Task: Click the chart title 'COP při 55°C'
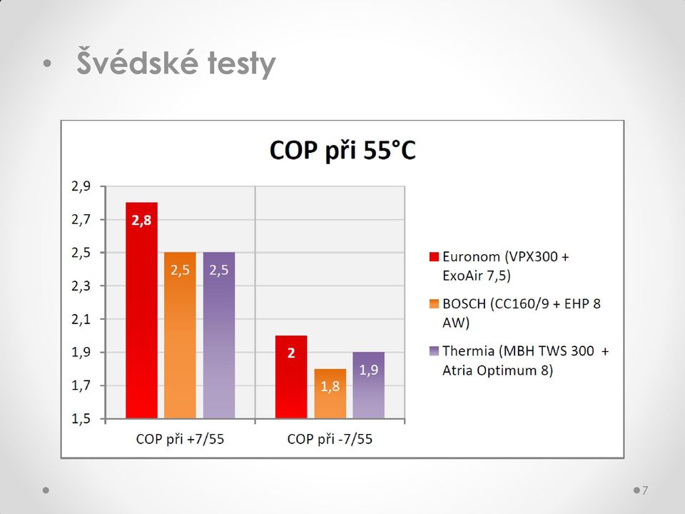coord(342,151)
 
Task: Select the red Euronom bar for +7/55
coord(141,311)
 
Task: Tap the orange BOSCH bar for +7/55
coord(180,336)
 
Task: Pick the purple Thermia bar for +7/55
coord(219,336)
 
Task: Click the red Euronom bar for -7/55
coord(291,377)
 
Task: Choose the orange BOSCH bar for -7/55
coord(330,393)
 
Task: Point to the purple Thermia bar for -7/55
coord(369,385)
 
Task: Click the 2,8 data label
coord(141,221)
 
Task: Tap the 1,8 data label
coord(330,386)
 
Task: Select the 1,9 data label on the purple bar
coord(369,371)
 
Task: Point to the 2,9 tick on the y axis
coord(81,186)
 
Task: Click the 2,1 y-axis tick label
coord(81,319)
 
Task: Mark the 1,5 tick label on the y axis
coord(81,419)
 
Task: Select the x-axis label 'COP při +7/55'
coord(180,439)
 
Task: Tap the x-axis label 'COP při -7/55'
coord(330,439)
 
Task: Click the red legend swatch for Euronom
coord(434,256)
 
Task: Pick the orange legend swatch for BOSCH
coord(434,304)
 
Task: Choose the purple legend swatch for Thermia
coord(434,351)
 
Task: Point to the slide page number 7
coord(645,490)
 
